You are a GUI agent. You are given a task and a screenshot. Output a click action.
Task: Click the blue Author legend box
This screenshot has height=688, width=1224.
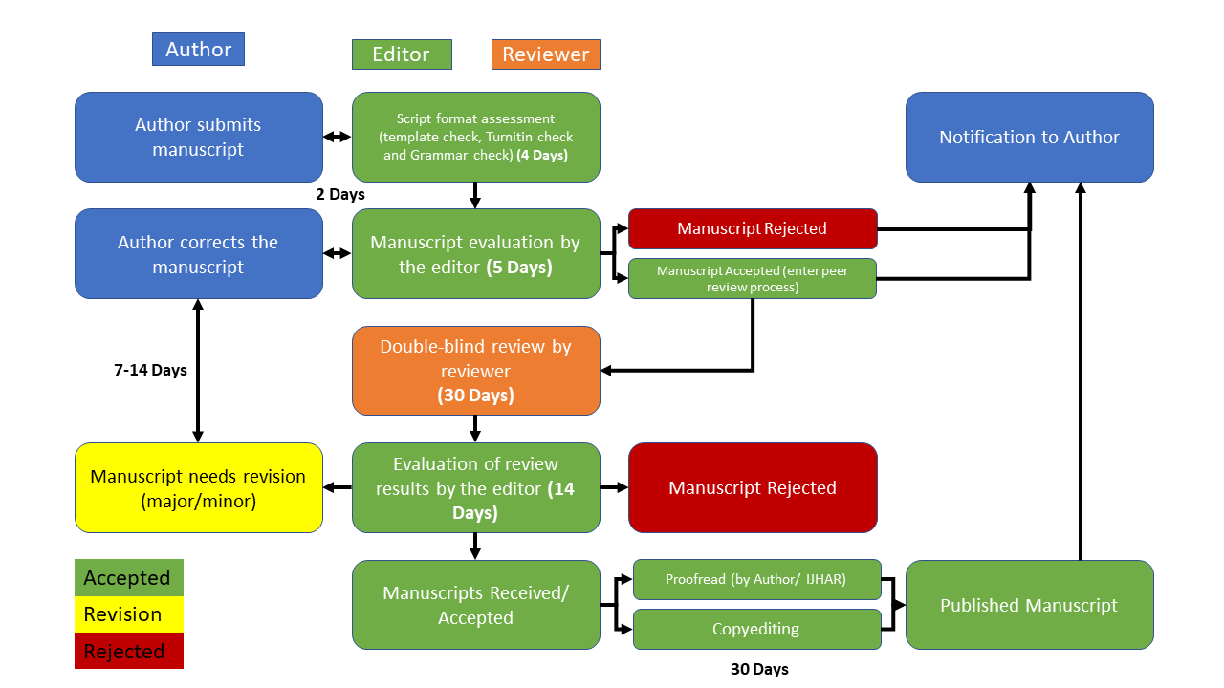click(x=198, y=50)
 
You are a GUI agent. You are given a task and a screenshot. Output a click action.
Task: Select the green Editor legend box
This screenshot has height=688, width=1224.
click(x=402, y=54)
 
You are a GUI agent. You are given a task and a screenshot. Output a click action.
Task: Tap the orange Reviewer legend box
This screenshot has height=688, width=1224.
click(x=545, y=54)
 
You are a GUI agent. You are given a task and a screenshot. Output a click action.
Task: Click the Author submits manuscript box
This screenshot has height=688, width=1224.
click(x=198, y=137)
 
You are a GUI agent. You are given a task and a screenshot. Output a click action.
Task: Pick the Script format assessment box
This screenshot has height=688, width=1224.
click(x=475, y=137)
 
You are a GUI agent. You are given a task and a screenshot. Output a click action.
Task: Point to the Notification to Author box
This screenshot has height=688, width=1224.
click(x=1029, y=137)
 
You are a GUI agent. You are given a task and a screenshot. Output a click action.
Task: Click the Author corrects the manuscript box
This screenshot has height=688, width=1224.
click(x=198, y=254)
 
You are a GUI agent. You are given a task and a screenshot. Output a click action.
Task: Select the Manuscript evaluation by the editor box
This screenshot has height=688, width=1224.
click(x=475, y=254)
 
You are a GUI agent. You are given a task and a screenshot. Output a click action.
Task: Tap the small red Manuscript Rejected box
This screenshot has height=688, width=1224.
click(x=752, y=228)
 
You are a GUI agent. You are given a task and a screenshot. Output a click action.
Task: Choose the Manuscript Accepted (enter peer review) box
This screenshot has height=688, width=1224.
click(x=752, y=279)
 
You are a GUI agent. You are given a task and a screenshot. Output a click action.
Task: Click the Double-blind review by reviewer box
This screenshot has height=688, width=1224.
click(x=475, y=371)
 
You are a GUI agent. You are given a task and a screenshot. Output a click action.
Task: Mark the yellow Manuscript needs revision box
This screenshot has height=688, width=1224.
click(x=198, y=487)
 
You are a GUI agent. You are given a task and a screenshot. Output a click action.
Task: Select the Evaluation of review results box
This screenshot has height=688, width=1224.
click(x=475, y=487)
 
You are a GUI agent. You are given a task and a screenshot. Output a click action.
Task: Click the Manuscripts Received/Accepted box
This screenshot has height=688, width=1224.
click(x=475, y=605)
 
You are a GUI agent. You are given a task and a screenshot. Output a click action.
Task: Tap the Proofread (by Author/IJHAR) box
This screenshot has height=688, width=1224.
click(x=756, y=579)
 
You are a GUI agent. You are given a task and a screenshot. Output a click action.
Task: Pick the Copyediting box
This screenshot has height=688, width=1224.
click(x=756, y=629)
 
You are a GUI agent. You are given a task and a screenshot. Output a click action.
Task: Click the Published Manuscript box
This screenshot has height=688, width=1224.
click(x=1029, y=605)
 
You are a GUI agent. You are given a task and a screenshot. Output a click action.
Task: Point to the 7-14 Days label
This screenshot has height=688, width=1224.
click(x=150, y=370)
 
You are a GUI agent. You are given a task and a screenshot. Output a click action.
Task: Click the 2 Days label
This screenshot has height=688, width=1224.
click(x=340, y=194)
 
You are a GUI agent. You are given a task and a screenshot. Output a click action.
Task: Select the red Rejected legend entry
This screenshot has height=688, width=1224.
click(x=128, y=652)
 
